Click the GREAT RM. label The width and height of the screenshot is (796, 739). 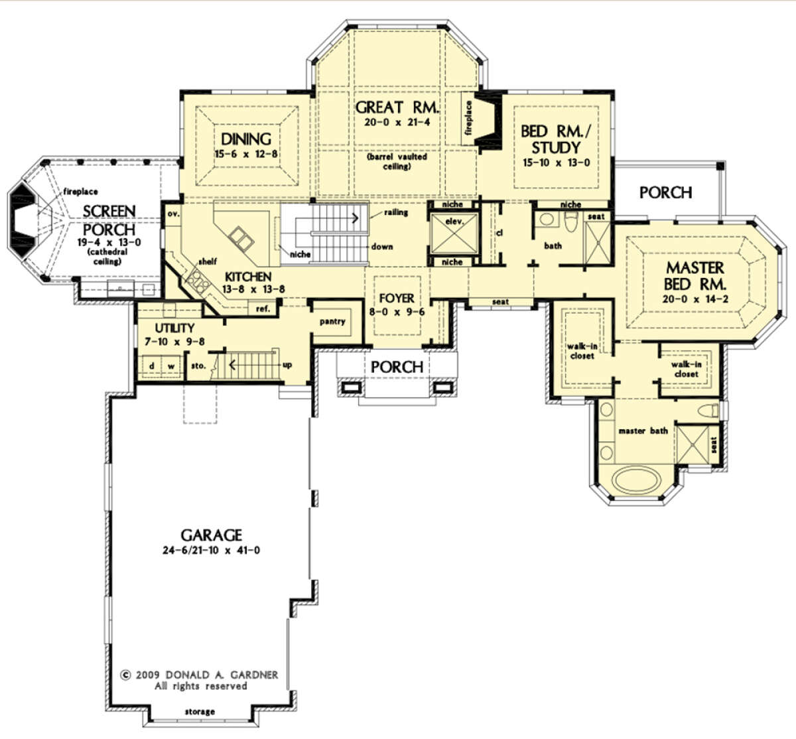397,107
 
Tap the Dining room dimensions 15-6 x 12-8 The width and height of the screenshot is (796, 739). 246,154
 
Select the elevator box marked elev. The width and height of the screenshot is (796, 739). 454,234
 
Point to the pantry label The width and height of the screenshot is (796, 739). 332,322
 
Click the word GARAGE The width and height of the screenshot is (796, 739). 211,535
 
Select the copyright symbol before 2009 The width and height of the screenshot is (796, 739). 125,675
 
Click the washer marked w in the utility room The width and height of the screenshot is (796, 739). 171,366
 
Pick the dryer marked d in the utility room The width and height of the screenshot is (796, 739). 151,366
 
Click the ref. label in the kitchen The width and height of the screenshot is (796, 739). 263,309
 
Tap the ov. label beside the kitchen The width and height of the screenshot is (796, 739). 173,214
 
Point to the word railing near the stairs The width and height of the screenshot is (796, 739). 396,212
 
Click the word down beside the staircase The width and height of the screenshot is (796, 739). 382,247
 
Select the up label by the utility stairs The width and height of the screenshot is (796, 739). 287,366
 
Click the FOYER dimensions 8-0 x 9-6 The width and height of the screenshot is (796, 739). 397,312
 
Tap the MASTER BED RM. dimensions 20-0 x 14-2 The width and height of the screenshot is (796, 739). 695,299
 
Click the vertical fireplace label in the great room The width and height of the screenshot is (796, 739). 469,118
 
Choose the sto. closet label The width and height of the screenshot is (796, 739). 198,366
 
